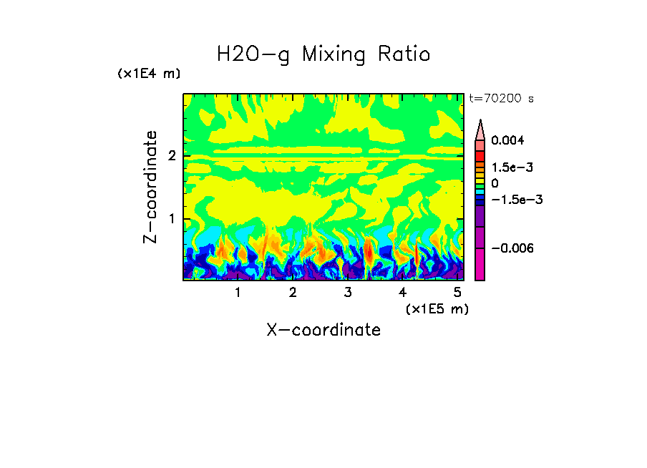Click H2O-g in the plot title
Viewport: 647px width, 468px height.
(253, 55)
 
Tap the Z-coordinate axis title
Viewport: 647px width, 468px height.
(150, 187)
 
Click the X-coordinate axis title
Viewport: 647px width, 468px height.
(323, 330)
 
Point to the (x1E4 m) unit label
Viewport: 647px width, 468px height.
(149, 74)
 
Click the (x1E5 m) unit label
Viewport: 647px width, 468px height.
(437, 308)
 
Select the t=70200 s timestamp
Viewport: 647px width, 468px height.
(501, 99)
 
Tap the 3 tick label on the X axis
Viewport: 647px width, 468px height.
(347, 292)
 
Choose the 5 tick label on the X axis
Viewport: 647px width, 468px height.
(457, 292)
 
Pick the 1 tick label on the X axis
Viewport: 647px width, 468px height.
(238, 292)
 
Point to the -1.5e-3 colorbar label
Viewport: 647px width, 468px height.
(515, 200)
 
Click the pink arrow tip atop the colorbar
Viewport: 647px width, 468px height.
(480, 130)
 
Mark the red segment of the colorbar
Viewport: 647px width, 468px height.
(480, 155)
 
